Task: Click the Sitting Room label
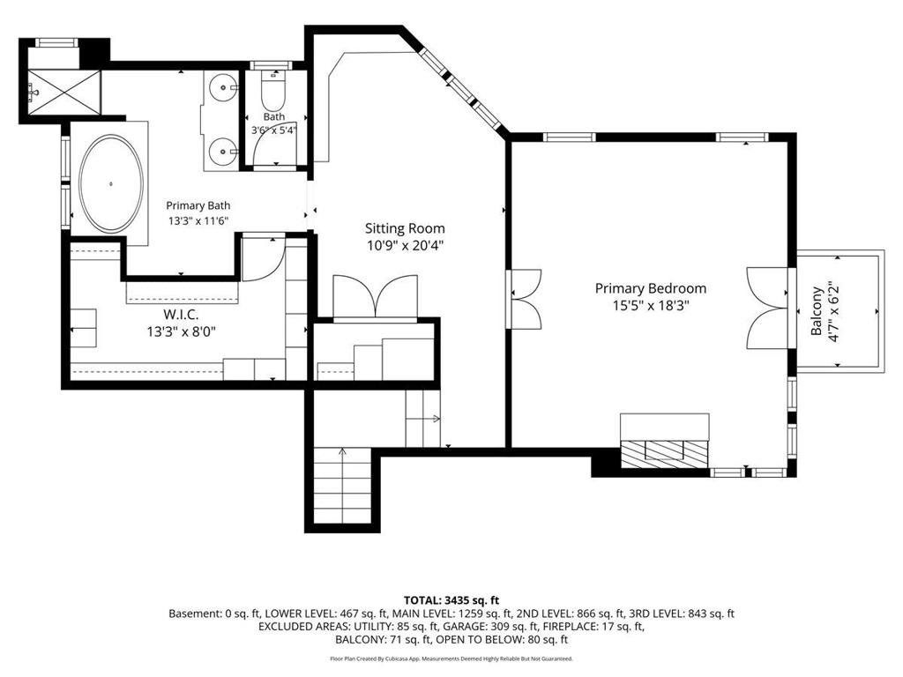pyautogui.click(x=405, y=228)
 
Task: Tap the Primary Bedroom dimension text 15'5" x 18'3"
pyautogui.click(x=651, y=305)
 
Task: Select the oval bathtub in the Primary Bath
pyautogui.click(x=111, y=184)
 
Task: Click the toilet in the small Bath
pyautogui.click(x=273, y=91)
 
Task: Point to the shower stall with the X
pyautogui.click(x=63, y=92)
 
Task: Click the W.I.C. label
pyautogui.click(x=181, y=315)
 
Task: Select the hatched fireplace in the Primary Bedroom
pyautogui.click(x=665, y=450)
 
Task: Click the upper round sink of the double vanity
pyautogui.click(x=221, y=88)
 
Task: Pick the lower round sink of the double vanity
pyautogui.click(x=221, y=152)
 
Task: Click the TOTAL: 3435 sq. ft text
pyautogui.click(x=451, y=600)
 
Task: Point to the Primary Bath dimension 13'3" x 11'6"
pyautogui.click(x=198, y=220)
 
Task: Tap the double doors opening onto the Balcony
pyautogui.click(x=767, y=308)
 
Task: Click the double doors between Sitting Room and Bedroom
pyautogui.click(x=524, y=300)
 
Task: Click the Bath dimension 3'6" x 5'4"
pyautogui.click(x=274, y=130)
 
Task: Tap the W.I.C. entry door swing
pyautogui.click(x=263, y=258)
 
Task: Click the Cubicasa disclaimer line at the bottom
pyautogui.click(x=451, y=658)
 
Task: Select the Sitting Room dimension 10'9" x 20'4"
pyautogui.click(x=405, y=246)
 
